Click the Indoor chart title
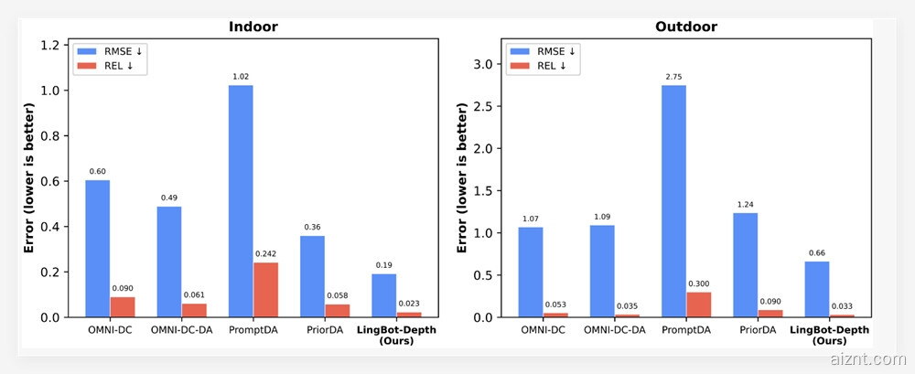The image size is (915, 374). click(253, 27)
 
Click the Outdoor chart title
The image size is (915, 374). click(685, 27)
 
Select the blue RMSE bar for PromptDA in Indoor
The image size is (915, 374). click(241, 201)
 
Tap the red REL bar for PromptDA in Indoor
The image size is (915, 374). click(265, 290)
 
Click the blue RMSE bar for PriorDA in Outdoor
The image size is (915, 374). click(745, 265)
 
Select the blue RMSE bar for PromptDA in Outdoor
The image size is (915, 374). click(673, 201)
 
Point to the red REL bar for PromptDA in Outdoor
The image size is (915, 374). click(698, 305)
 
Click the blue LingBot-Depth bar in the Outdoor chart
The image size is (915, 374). click(816, 289)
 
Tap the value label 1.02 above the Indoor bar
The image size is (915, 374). click(241, 78)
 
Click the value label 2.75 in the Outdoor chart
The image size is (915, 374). click(673, 78)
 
